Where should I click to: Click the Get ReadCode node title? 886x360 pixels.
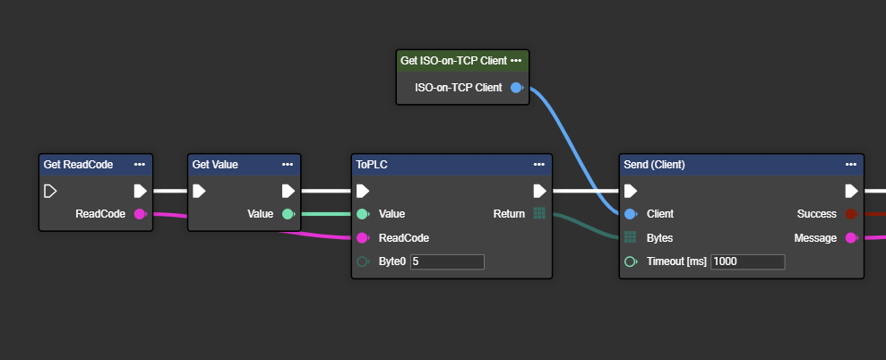(78, 165)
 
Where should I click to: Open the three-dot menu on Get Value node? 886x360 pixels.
(288, 165)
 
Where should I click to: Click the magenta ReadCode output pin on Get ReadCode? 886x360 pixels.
(140, 214)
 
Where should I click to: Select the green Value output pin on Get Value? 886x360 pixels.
(288, 214)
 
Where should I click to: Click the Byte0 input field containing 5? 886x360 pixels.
(447, 261)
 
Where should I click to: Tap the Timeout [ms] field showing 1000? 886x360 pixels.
(747, 261)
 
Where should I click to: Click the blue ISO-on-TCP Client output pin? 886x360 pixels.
(515, 88)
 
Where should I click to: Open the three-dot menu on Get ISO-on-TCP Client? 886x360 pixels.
(515, 61)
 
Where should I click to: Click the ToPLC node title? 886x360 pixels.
(372, 165)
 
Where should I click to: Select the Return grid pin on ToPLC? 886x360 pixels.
(538, 214)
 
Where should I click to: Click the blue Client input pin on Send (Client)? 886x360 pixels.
(631, 214)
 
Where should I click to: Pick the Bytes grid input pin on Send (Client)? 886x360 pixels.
(631, 238)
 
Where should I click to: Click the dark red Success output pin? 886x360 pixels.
(851, 214)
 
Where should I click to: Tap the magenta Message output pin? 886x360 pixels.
(851, 238)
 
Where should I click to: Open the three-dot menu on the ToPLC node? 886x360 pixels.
(538, 165)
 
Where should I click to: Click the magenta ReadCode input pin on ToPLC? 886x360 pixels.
(362, 238)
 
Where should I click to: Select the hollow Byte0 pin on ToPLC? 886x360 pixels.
(362, 261)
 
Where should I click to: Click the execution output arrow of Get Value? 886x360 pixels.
(288, 191)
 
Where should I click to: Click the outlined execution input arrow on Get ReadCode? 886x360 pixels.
(50, 191)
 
